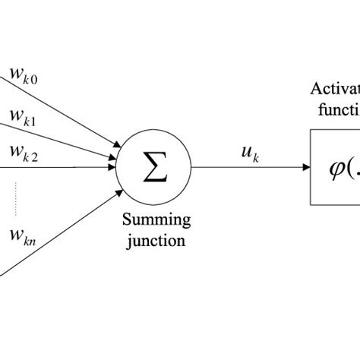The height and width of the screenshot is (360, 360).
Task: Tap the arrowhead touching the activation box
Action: click(x=305, y=167)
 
